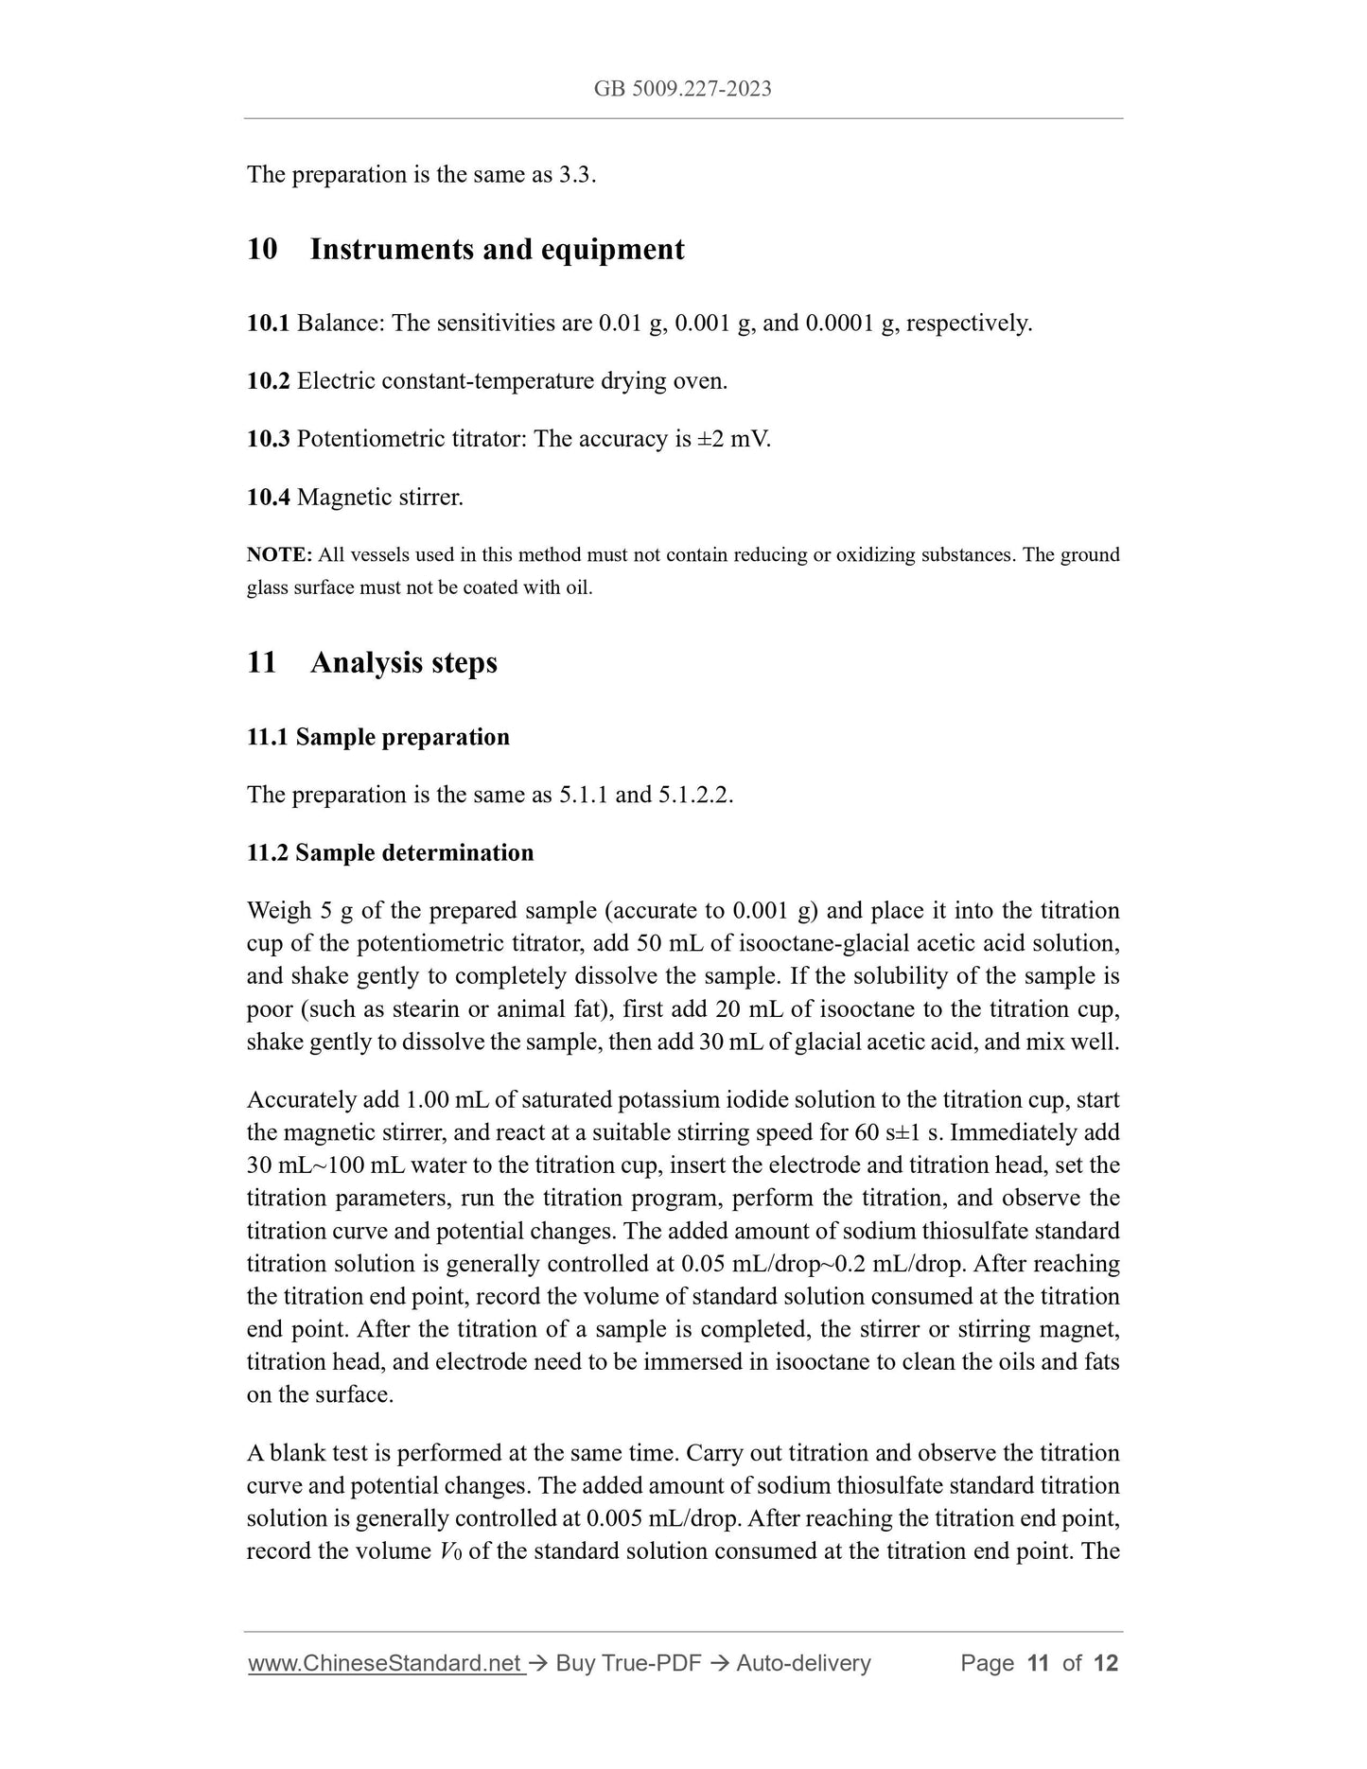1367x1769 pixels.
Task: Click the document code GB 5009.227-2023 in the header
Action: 682,89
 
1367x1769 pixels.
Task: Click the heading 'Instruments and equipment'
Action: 497,250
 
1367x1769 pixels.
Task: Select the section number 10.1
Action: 268,324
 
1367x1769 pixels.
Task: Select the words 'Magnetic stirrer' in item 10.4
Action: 379,497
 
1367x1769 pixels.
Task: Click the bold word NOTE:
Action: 279,554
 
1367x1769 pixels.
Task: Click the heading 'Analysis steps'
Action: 403,662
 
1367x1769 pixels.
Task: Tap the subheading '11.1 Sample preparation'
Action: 378,737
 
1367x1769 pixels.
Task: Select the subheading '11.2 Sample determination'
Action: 390,852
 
